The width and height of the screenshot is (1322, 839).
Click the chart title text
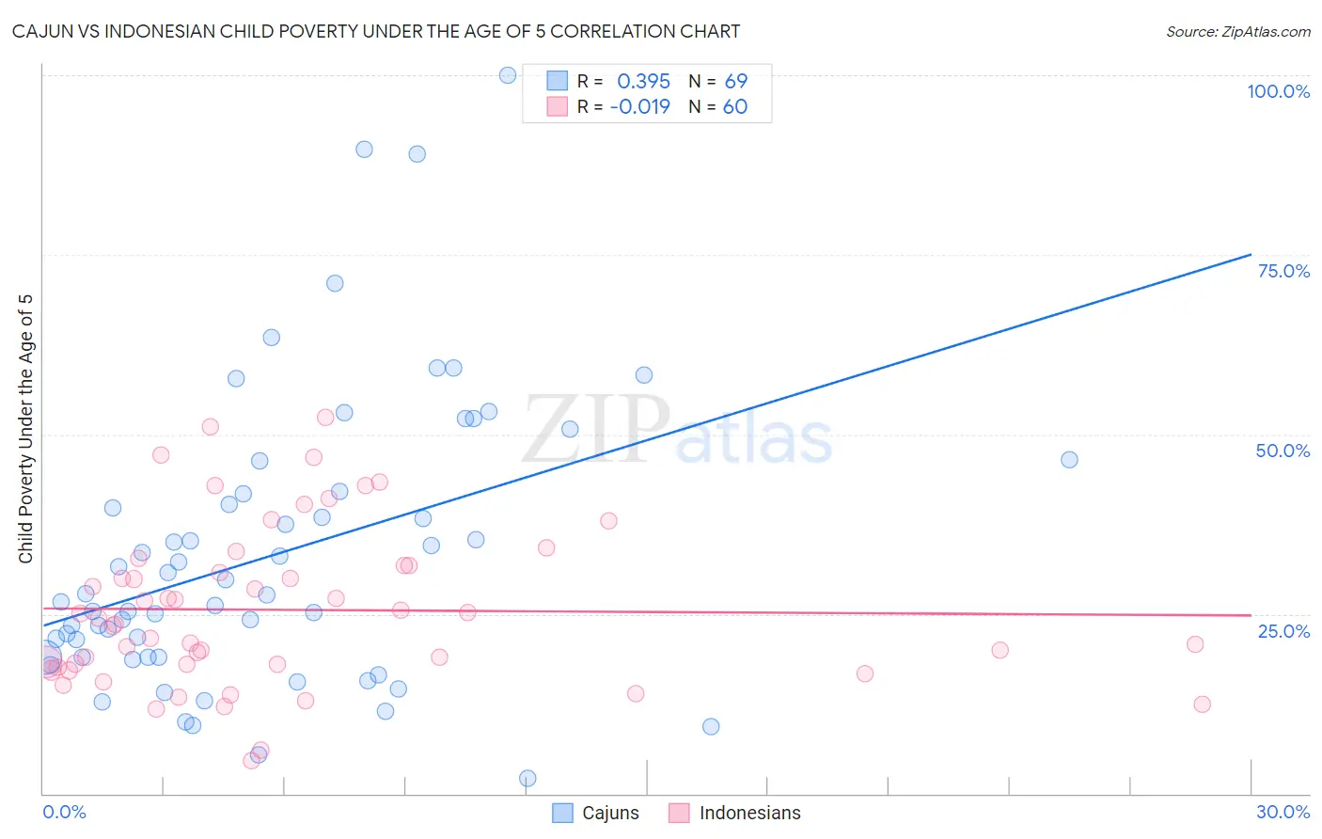(376, 31)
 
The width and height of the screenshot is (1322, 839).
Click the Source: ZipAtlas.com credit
(1237, 31)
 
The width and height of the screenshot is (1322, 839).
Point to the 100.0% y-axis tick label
(1278, 91)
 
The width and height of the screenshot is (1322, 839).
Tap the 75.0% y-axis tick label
(1283, 271)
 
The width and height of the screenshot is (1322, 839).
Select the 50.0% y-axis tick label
(1283, 451)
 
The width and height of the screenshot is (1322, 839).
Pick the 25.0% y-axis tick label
(1283, 631)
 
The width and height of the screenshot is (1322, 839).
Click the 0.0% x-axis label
(64, 812)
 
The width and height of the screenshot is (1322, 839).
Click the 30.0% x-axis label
(1283, 812)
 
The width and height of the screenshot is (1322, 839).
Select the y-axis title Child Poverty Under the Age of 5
(25, 429)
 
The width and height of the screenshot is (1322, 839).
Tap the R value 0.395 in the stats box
(643, 82)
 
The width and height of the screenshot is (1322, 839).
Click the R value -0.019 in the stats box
(639, 107)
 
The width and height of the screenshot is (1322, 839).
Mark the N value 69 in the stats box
(735, 82)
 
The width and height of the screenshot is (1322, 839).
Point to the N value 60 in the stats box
(734, 107)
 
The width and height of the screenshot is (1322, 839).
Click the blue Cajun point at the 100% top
(508, 75)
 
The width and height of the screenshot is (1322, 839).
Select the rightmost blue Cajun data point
(1069, 460)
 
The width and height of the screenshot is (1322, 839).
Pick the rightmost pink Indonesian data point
(1202, 704)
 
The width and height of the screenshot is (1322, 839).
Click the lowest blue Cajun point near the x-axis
(527, 779)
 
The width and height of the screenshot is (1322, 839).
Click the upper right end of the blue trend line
(1251, 254)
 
